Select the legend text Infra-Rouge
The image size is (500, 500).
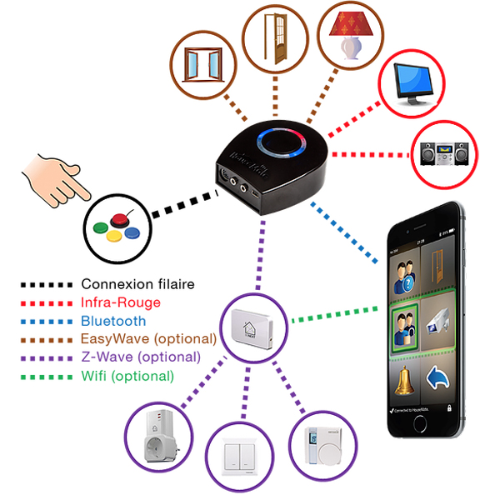[120, 302]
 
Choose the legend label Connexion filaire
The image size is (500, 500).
[137, 284]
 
